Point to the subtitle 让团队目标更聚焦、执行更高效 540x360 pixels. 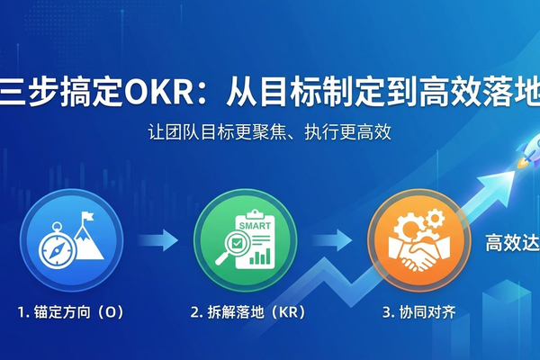click(269, 131)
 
